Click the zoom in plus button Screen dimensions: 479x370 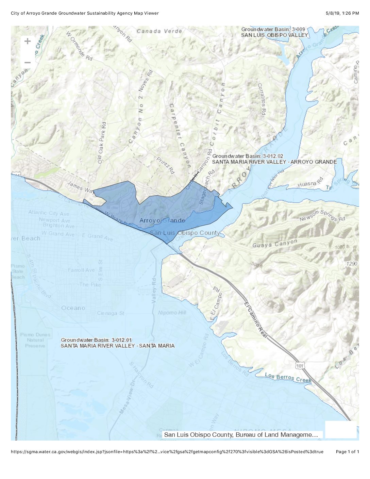pos(28,42)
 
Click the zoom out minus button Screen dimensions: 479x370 pos(28,63)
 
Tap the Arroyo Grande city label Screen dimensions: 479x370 pos(162,220)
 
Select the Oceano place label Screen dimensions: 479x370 pos(73,308)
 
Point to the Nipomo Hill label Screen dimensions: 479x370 pos(172,313)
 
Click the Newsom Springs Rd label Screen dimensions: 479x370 pos(322,216)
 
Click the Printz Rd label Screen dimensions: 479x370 pos(166,166)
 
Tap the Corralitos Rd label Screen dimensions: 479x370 pos(261,99)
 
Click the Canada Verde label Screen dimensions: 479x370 pos(159,31)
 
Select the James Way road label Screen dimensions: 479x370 pos(81,187)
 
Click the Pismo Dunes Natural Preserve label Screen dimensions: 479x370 pos(35,340)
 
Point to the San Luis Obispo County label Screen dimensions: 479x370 pos(185,233)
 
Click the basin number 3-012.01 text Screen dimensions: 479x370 pos(121,340)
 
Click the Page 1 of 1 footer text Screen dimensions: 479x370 pos(347,452)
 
